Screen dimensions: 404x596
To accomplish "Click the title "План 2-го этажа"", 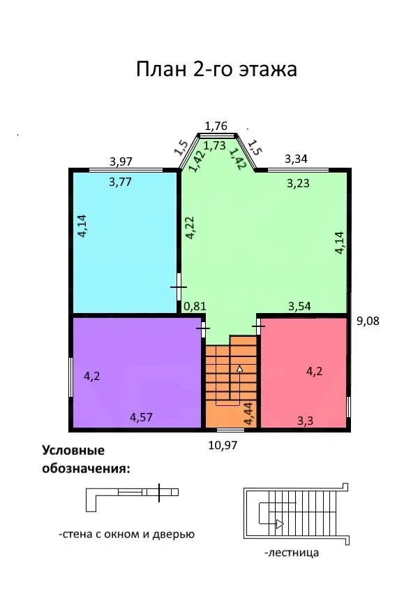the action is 216,70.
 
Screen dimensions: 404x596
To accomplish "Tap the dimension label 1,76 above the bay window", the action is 216,126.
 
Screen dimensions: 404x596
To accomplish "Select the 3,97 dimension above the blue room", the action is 121,161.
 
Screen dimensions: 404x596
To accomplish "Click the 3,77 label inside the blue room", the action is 121,182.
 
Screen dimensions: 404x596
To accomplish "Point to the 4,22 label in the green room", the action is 190,227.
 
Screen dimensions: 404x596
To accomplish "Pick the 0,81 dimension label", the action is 195,306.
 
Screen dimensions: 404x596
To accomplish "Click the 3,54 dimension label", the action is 299,306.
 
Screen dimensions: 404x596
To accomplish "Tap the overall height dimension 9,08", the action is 368,321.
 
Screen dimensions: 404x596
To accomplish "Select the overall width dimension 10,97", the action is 223,445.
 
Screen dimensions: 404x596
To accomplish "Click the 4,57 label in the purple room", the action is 141,417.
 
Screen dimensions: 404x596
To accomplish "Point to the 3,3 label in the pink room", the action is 306,421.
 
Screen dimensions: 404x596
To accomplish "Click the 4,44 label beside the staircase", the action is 249,414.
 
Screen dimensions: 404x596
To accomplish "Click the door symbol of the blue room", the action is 179,287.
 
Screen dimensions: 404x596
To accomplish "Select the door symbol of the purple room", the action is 203,328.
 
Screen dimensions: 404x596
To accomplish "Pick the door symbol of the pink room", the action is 259,326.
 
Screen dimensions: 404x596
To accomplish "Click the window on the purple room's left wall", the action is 70,377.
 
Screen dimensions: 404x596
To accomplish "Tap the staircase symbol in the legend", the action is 296,514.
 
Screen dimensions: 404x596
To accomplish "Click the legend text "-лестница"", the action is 292,552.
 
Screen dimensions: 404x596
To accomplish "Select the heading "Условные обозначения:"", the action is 86,459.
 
